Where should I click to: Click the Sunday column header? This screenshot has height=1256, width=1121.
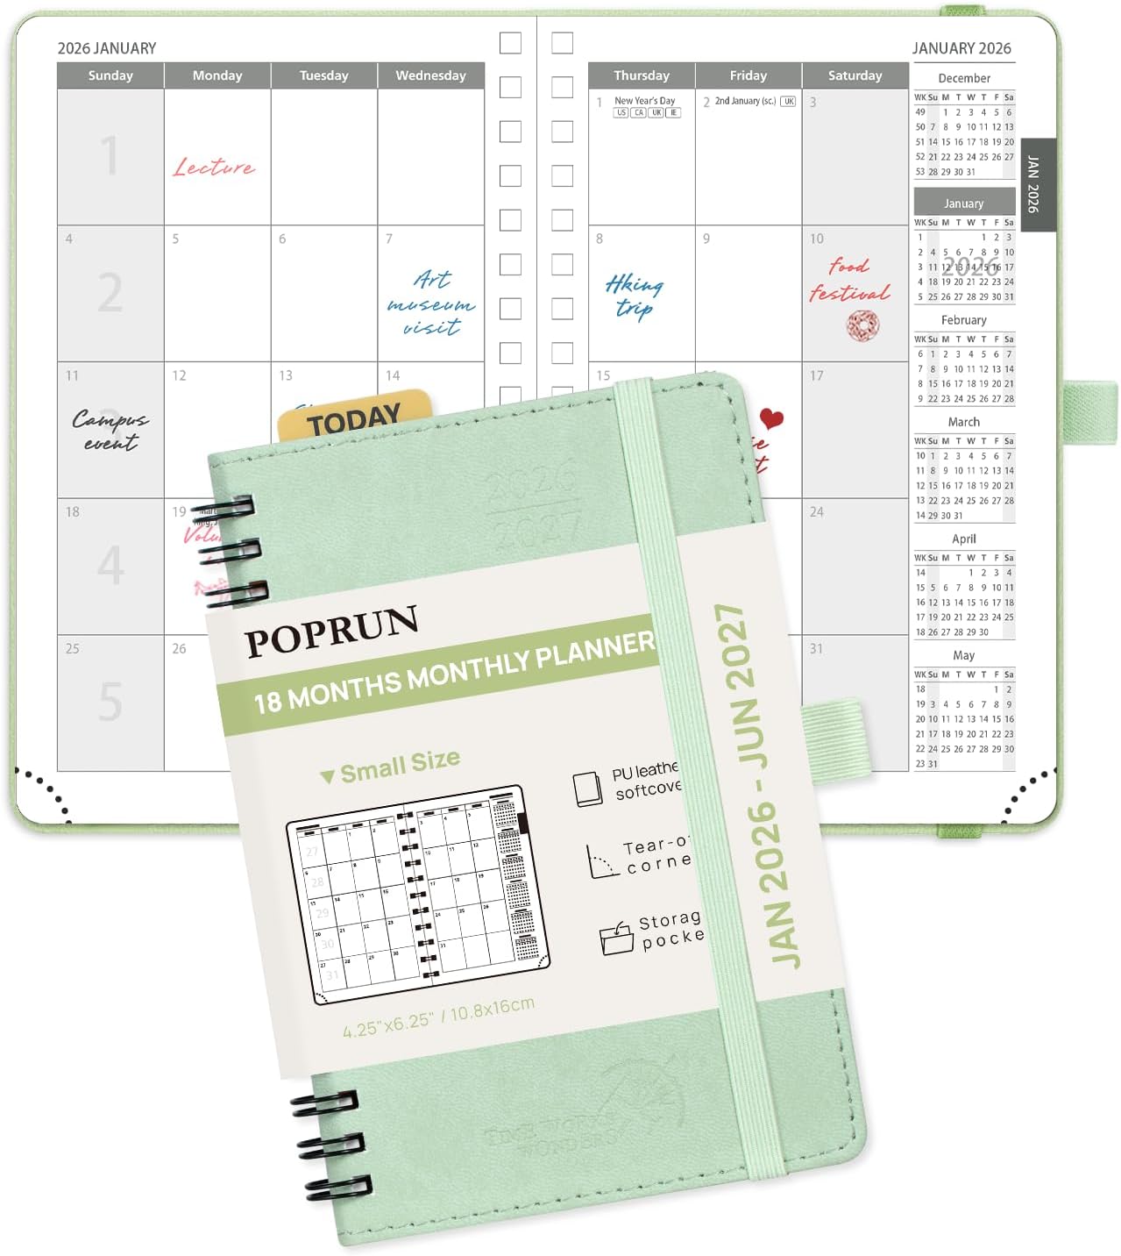tap(110, 75)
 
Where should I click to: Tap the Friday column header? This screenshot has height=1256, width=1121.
tap(748, 75)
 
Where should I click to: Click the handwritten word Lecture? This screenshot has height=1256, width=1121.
tap(214, 167)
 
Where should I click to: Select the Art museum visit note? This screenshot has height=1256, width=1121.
tap(431, 303)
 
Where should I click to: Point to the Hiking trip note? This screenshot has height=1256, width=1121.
tap(634, 296)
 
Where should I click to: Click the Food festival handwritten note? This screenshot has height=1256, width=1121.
tap(849, 279)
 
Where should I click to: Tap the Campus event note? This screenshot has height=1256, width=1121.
tap(110, 430)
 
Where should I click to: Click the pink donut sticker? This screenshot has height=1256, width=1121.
tap(862, 326)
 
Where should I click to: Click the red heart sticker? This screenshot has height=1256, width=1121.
tap(771, 418)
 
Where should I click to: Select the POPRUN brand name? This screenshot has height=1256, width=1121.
tap(331, 630)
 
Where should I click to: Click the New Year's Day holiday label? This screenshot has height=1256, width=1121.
tap(644, 101)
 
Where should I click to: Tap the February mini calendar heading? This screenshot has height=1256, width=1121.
tap(963, 320)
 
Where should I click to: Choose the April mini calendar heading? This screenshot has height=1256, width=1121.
tap(963, 539)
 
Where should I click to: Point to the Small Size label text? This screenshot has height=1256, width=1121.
tap(400, 766)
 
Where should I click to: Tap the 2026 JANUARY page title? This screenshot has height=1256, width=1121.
tap(107, 48)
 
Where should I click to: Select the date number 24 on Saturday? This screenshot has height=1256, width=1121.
tap(816, 511)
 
